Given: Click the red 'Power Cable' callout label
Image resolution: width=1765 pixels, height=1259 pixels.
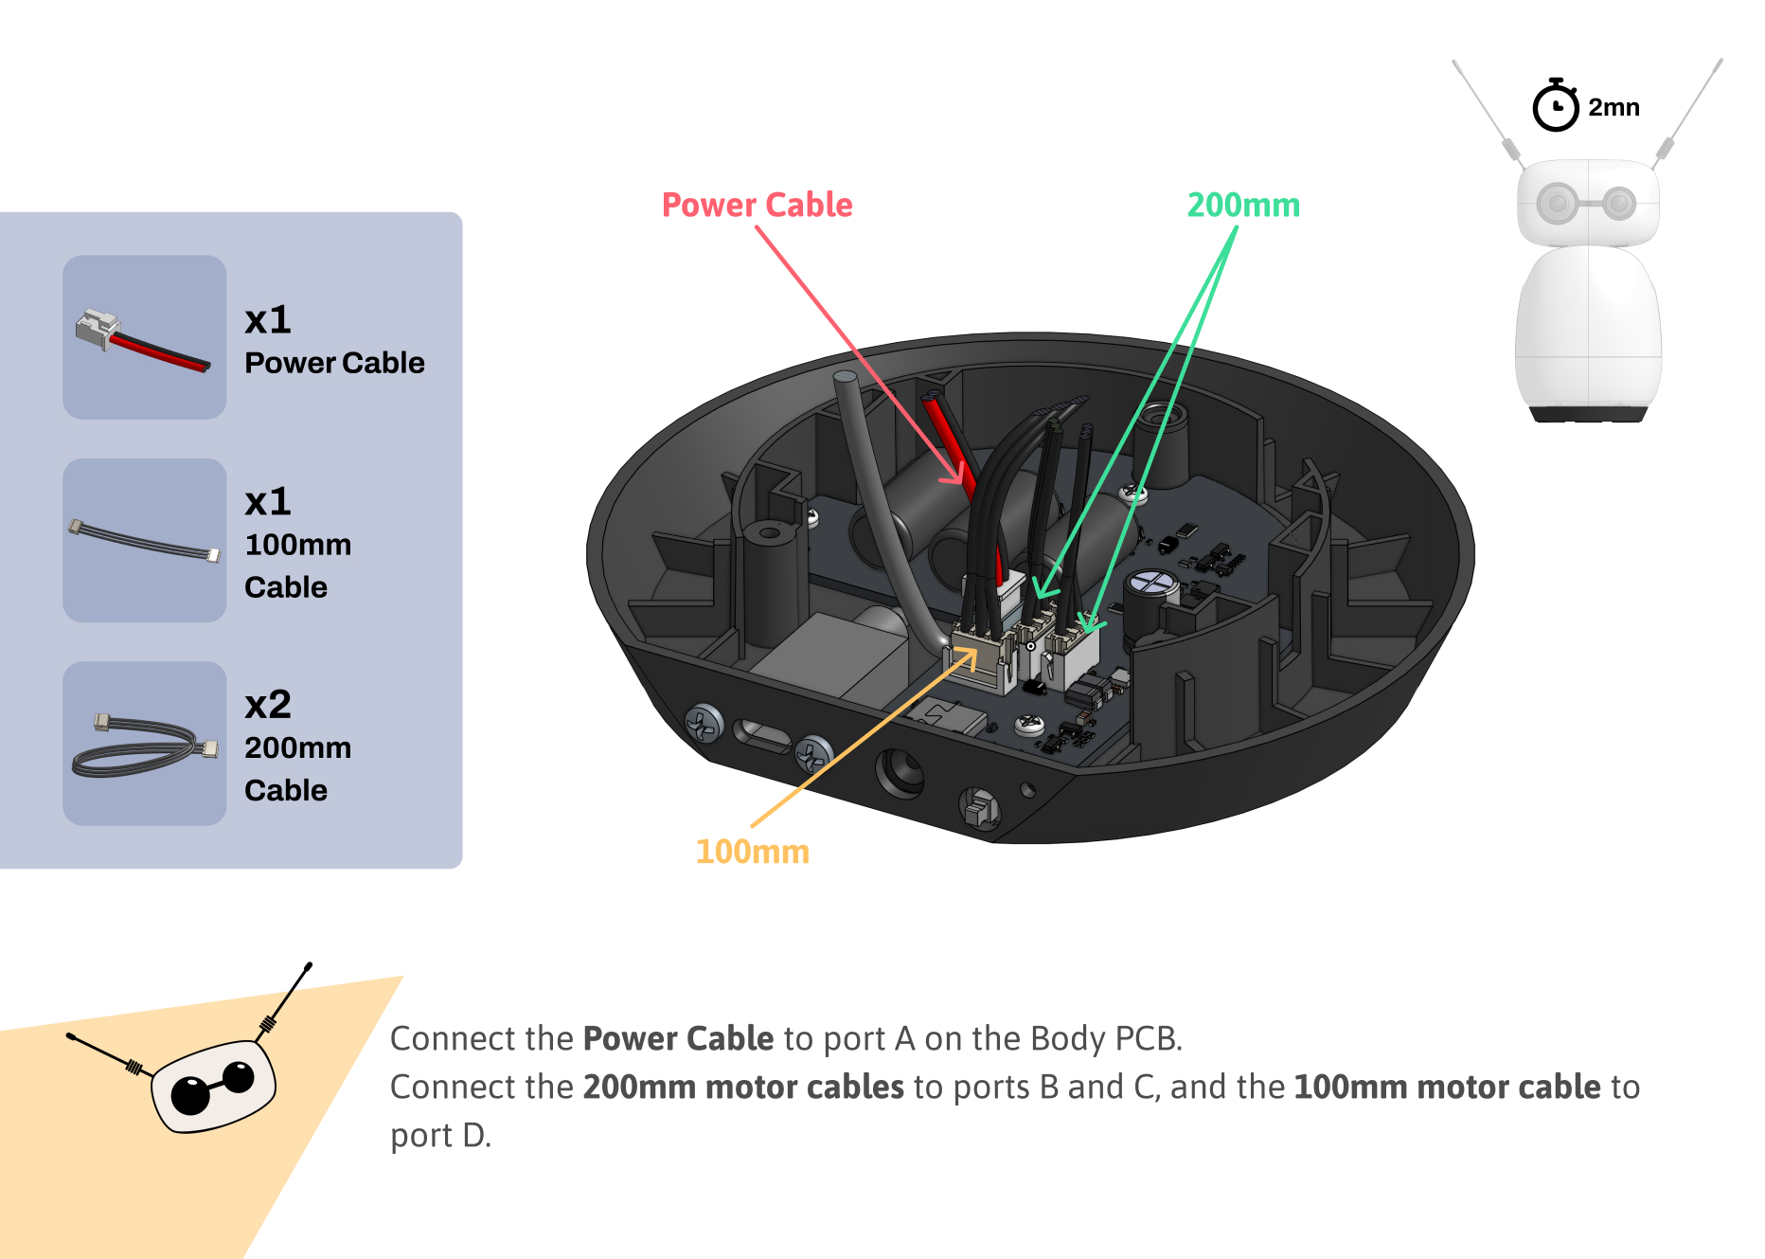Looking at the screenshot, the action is click(757, 205).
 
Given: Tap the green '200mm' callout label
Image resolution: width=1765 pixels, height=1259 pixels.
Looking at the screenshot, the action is click(1243, 205).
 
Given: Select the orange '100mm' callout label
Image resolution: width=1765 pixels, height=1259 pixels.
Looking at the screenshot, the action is click(752, 852).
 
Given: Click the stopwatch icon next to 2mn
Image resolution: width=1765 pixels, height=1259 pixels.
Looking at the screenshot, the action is click(1556, 105).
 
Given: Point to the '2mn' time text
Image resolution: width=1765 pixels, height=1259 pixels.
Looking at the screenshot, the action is click(1613, 107).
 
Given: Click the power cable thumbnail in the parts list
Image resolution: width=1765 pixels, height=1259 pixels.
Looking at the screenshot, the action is click(145, 337).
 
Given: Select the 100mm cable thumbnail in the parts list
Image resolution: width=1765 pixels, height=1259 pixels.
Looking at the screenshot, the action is click(145, 540).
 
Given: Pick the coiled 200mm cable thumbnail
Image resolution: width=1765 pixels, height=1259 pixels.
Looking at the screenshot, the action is click(145, 744).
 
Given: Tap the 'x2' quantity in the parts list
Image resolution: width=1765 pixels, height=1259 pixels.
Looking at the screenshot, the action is click(268, 705).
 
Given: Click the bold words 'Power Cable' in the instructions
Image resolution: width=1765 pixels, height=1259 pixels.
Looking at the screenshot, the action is click(679, 1038).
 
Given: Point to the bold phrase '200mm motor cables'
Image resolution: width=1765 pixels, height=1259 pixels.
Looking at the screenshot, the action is click(743, 1087).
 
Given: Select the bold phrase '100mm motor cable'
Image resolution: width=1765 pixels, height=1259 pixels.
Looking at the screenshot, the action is click(1447, 1087).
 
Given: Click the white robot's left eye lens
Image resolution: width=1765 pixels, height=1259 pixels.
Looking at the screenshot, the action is click(1557, 203).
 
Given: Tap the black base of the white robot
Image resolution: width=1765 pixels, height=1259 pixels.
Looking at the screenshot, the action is click(1588, 413).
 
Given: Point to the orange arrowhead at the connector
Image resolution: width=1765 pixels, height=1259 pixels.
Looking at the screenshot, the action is click(967, 656).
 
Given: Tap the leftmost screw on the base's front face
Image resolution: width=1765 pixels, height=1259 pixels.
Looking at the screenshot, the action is click(704, 725).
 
